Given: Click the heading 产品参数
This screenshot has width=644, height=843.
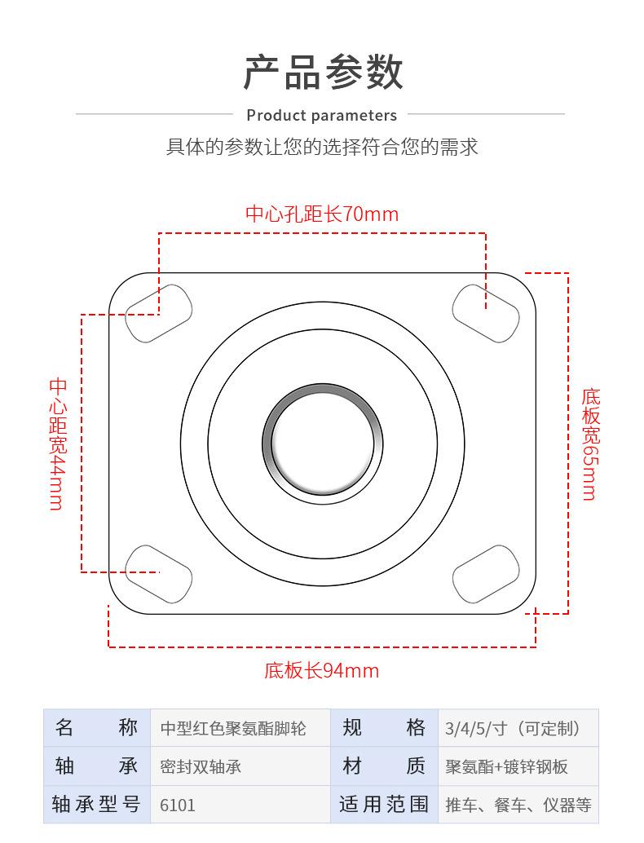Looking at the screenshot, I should click(x=323, y=72).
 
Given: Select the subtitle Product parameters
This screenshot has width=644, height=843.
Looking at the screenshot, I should click(x=321, y=115).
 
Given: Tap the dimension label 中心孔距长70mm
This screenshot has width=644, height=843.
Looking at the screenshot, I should click(x=322, y=214).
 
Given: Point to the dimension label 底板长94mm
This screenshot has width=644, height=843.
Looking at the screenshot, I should click(x=321, y=670).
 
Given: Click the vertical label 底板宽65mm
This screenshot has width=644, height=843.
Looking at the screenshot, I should click(x=590, y=444).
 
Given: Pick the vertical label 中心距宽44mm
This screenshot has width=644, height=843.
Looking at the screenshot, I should click(x=57, y=444).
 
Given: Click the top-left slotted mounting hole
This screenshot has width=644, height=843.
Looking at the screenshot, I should click(x=158, y=313).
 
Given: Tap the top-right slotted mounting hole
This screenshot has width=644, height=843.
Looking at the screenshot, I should click(x=486, y=313).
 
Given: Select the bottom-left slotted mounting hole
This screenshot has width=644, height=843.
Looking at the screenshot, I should click(x=158, y=573).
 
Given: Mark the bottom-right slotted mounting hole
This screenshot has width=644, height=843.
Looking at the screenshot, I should click(x=486, y=573).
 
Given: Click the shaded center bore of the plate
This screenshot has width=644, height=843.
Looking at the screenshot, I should click(x=323, y=440).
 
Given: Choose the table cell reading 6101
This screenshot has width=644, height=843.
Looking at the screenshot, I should click(x=178, y=805).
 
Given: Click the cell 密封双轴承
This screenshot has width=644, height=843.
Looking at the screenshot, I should click(x=201, y=767).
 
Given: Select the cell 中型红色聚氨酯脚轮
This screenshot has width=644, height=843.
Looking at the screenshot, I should click(x=233, y=729).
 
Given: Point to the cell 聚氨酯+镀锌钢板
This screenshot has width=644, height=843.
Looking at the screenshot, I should click(x=506, y=767).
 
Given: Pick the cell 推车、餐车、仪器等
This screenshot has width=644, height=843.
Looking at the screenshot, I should click(x=518, y=805).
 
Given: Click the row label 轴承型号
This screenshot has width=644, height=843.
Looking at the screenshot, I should click(x=96, y=805).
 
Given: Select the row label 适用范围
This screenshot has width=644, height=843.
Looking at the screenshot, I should click(x=383, y=805).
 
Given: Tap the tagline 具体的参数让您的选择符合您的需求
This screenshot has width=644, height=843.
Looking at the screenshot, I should click(x=322, y=147).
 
